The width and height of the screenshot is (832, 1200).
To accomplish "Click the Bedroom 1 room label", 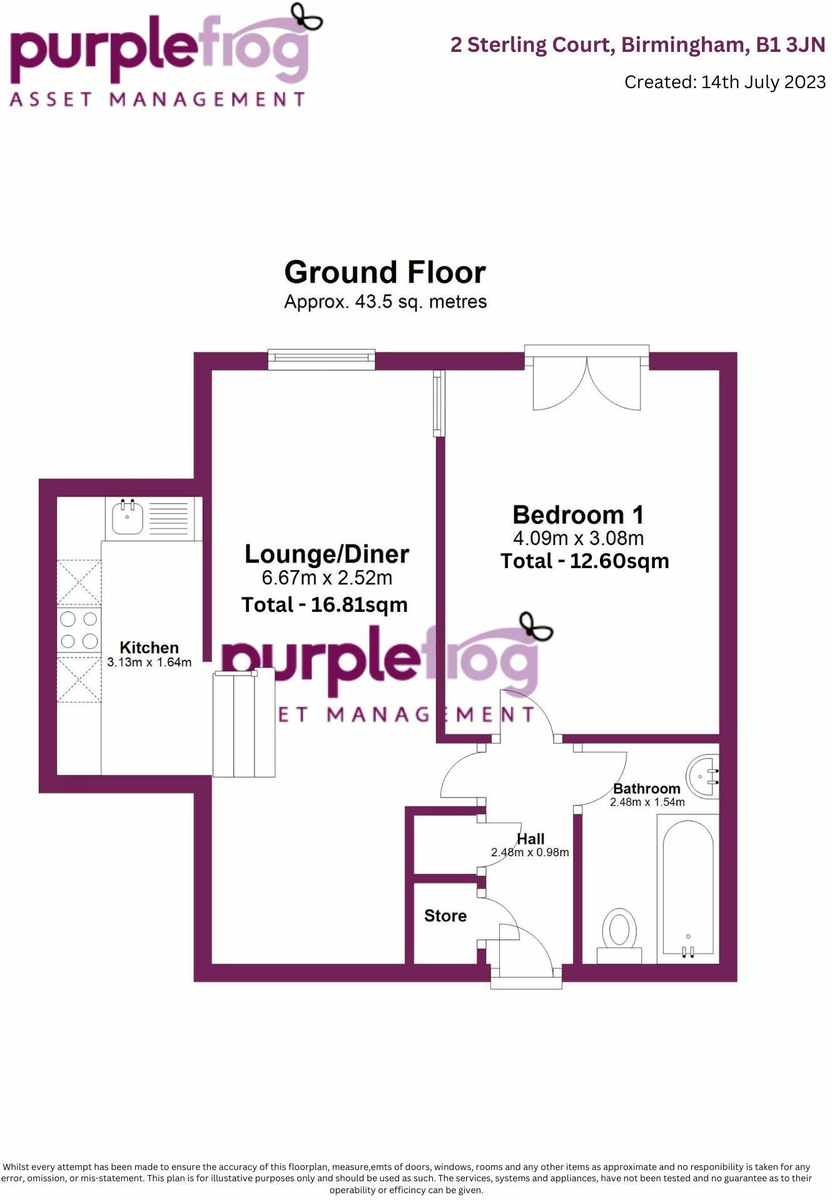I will point(577,516).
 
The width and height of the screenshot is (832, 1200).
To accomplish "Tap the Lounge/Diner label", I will point(327,554).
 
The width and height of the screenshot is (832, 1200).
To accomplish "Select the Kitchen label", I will point(149,647).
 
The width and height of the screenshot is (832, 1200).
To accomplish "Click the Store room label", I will point(445,916).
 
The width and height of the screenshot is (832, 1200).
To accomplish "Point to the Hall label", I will point(530,839).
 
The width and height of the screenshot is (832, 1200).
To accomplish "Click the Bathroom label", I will point(646,789).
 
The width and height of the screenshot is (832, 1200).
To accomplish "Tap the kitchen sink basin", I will point(128,518).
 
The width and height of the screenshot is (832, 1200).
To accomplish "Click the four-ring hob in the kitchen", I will point(79,630).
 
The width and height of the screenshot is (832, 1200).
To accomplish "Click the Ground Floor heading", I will point(385,273).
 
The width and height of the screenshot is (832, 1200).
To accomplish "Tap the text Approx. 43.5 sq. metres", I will point(385,302).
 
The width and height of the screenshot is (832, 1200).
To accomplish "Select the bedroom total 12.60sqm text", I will point(584,561).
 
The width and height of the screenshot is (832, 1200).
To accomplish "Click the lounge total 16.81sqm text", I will point(324,605).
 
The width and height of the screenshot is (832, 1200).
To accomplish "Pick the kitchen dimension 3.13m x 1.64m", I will point(149,662).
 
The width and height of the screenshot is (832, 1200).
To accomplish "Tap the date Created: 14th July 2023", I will point(724,82).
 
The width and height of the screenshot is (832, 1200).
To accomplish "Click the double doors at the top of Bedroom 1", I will point(586,381).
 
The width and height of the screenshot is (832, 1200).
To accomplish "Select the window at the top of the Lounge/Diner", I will point(322,357).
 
